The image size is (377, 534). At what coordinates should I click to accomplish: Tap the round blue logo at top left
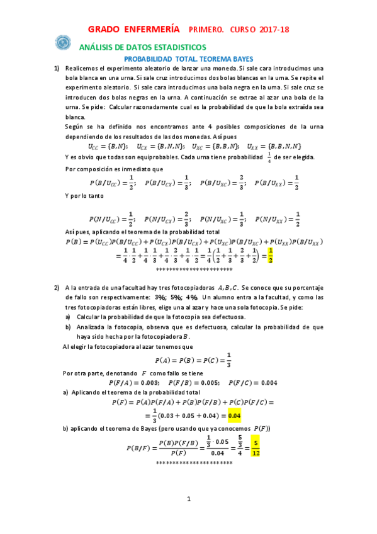pyautogui.click(x=63, y=43)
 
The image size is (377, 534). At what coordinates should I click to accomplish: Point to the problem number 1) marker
pyautogui.click(x=56, y=68)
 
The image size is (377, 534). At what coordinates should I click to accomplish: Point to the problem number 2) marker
pyautogui.click(x=56, y=287)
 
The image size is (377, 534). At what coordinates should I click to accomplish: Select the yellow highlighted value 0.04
pyautogui.click(x=235, y=416)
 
